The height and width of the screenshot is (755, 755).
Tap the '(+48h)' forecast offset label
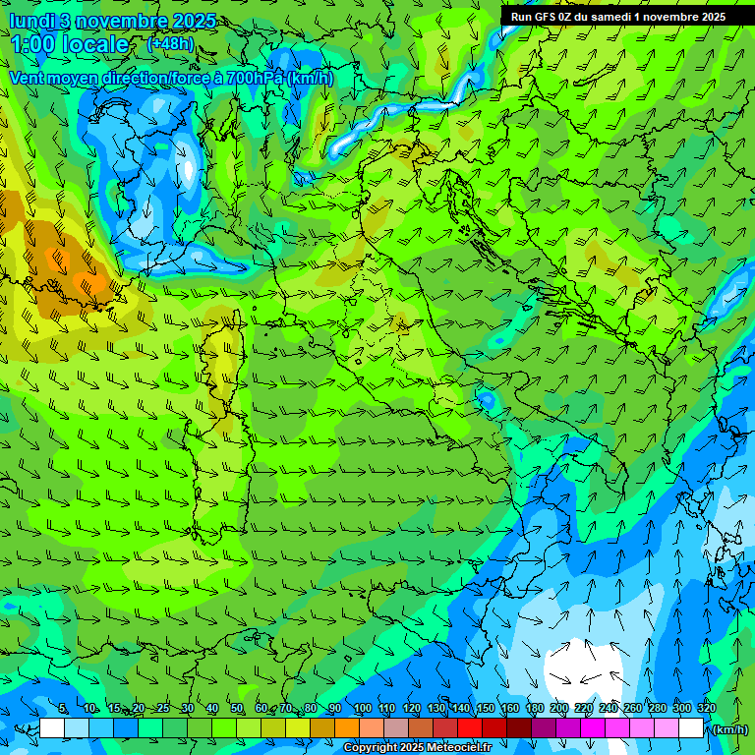point(170,43)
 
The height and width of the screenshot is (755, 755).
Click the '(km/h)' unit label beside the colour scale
point(728,729)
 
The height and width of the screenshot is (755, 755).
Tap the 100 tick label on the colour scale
point(362,709)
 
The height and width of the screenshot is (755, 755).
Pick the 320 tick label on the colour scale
point(705,709)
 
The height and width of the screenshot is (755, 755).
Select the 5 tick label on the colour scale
point(62,709)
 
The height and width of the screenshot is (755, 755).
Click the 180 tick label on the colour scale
point(534,709)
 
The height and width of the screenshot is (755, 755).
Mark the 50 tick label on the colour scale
point(236,709)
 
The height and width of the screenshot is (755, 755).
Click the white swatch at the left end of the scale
point(52,728)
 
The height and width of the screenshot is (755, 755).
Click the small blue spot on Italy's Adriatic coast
point(486,400)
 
